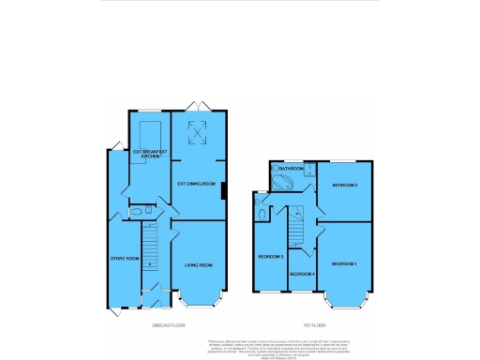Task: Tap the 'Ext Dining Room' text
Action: (x=197, y=184)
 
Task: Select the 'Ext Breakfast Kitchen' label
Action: (x=148, y=153)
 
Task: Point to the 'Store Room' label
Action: (x=125, y=258)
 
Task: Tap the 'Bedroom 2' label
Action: (x=345, y=185)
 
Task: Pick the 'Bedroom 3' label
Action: (x=270, y=256)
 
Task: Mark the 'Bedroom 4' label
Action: (x=302, y=273)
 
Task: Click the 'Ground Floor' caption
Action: (x=169, y=325)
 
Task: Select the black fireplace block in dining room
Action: (x=223, y=190)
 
